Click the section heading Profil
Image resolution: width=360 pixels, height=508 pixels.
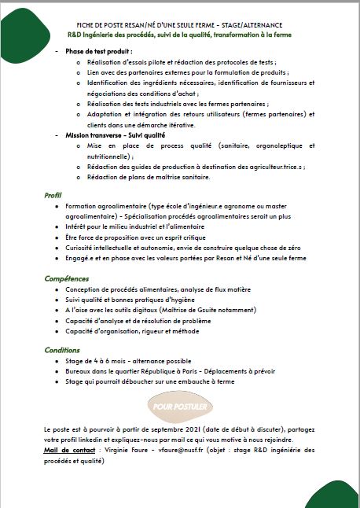pos(53,195)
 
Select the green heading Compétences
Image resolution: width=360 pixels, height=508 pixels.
pos(66,278)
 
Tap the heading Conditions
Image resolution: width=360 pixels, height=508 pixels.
pos(61,350)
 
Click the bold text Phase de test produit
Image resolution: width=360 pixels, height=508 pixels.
pos(98,50)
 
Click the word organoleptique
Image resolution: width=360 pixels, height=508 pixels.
pos(259,146)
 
